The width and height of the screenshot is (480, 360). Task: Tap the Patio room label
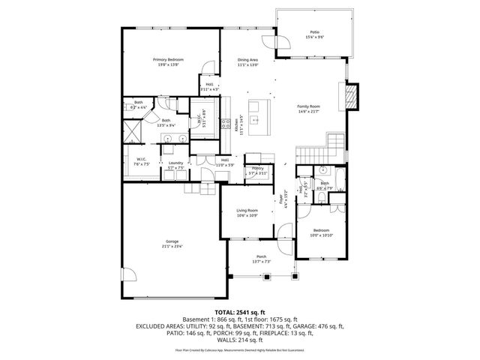(314, 32)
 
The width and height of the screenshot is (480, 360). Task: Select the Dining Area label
(248, 59)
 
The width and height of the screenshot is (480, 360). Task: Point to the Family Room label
(308, 106)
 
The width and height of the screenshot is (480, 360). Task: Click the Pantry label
(258, 168)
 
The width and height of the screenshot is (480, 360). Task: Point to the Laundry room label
(176, 163)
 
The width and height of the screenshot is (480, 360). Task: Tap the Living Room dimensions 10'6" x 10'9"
(247, 216)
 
